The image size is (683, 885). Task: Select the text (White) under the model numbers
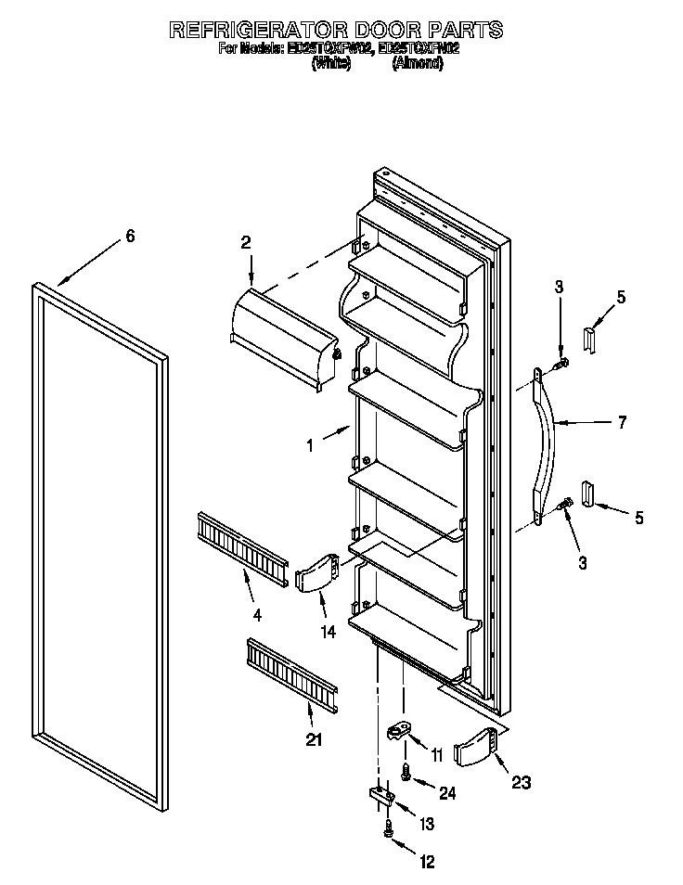330,64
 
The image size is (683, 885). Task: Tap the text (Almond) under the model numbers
417,64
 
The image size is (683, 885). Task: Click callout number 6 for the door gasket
130,237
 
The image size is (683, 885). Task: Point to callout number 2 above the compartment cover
246,243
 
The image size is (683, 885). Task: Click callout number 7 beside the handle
622,423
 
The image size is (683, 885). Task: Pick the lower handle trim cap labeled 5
588,493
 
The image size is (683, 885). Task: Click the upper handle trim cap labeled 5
589,339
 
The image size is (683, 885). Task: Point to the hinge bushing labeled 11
399,733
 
